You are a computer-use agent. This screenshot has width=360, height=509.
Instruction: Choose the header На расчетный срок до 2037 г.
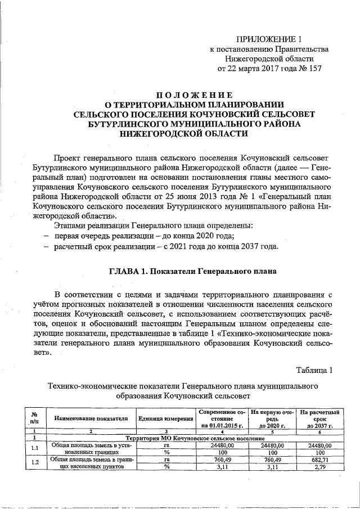(320, 419)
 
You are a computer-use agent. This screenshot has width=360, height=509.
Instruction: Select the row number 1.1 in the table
(35, 448)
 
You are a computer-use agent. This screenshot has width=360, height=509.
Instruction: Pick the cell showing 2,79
(320, 466)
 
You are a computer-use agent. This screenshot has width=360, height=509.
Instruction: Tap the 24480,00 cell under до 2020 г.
(272, 444)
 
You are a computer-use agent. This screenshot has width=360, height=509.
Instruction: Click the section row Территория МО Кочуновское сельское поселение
(195, 438)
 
